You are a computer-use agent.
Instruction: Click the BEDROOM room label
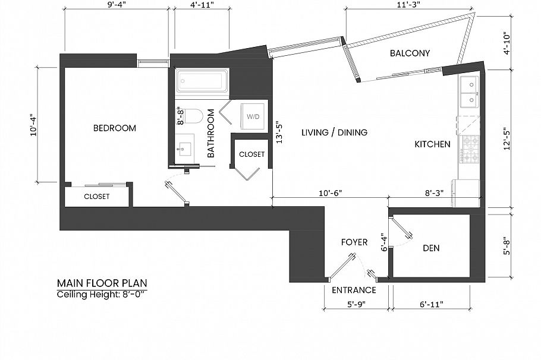click(115, 128)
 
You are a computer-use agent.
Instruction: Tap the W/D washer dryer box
click(253, 116)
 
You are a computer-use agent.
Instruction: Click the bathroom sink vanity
click(184, 149)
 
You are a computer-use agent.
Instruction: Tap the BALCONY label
click(410, 53)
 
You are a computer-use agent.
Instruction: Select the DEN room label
click(431, 248)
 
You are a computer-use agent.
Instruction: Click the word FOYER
click(354, 242)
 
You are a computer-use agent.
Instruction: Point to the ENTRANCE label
click(354, 290)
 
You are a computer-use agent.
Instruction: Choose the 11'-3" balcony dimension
click(408, 5)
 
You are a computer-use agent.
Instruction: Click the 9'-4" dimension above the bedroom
click(116, 5)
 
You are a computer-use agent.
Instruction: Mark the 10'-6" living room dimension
click(330, 192)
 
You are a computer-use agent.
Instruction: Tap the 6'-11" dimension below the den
click(431, 304)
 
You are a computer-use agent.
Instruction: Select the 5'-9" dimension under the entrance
click(356, 304)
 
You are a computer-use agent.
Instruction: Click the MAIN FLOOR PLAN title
click(102, 283)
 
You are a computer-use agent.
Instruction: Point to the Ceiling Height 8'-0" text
click(102, 295)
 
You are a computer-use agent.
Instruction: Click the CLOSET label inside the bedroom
click(96, 197)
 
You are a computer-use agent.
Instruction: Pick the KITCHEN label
click(432, 144)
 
